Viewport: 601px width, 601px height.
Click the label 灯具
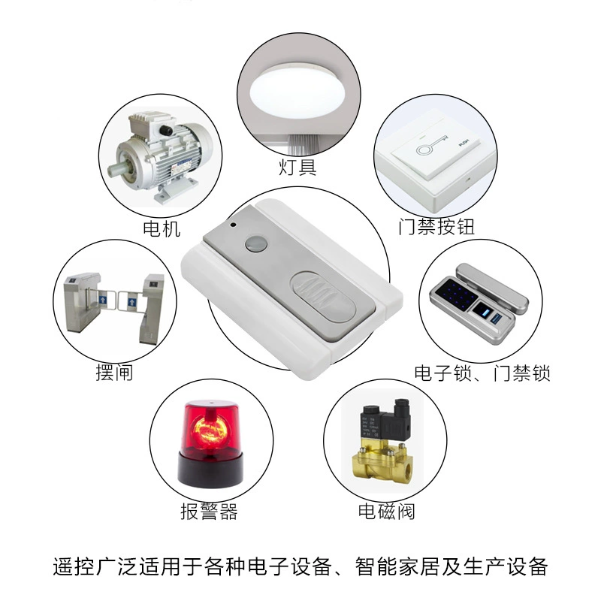pos(297,167)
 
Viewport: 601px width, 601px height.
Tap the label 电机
pos(162,228)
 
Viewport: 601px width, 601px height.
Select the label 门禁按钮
pos(436,227)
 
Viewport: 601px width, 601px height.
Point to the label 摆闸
pos(114,372)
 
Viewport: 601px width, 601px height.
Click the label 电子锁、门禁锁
pos(482,373)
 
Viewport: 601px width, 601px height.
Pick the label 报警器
pos(209,512)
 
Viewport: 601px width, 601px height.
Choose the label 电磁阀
pos(386,512)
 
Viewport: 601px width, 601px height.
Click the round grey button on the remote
pos(256,243)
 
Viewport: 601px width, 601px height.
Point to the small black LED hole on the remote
pos(234,225)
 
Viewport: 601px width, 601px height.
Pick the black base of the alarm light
pos(210,468)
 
